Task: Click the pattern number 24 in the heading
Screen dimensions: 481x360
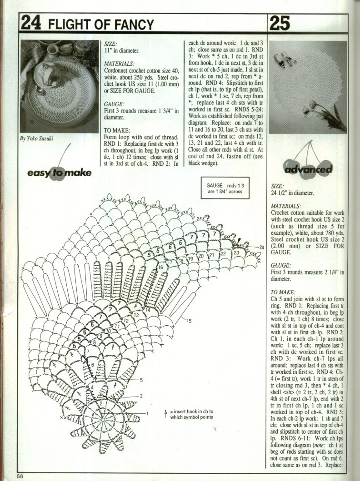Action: [28, 24]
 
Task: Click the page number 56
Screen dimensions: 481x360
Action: [20, 476]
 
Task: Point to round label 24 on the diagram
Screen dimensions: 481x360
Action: [262, 247]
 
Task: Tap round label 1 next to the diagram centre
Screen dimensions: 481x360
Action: [147, 413]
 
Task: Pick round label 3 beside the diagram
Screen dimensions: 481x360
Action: [141, 396]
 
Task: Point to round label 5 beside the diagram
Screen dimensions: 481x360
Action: [141, 380]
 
